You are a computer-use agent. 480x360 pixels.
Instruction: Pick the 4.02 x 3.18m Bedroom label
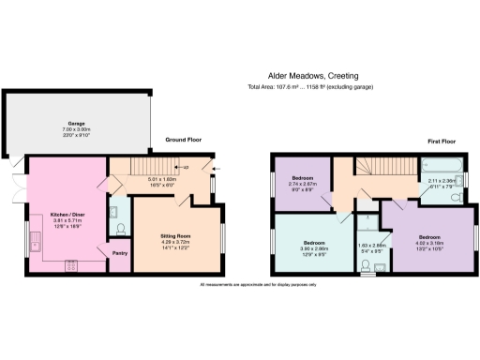coord(428,241)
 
